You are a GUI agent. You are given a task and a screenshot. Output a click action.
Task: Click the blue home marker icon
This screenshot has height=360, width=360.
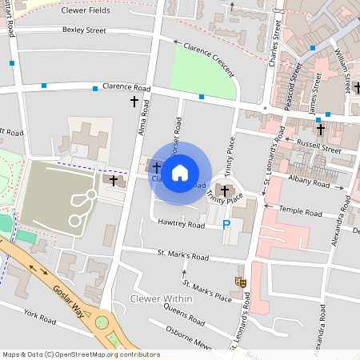tap(180, 172)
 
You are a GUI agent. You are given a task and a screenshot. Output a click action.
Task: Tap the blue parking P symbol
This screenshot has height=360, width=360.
tap(226, 226)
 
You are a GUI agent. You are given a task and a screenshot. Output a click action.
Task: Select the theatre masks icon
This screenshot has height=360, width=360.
tap(238, 280)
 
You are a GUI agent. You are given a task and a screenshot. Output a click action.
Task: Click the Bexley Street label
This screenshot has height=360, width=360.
tap(84, 30)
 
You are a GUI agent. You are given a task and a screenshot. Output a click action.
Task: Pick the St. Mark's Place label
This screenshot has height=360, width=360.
tap(206, 290)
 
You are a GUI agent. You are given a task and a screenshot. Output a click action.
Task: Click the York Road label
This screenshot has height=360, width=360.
tap(39, 318)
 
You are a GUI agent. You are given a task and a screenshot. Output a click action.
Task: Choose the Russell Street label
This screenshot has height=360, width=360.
tap(318, 146)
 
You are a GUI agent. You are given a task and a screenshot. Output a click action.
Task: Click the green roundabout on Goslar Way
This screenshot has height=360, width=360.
tap(102, 322)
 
